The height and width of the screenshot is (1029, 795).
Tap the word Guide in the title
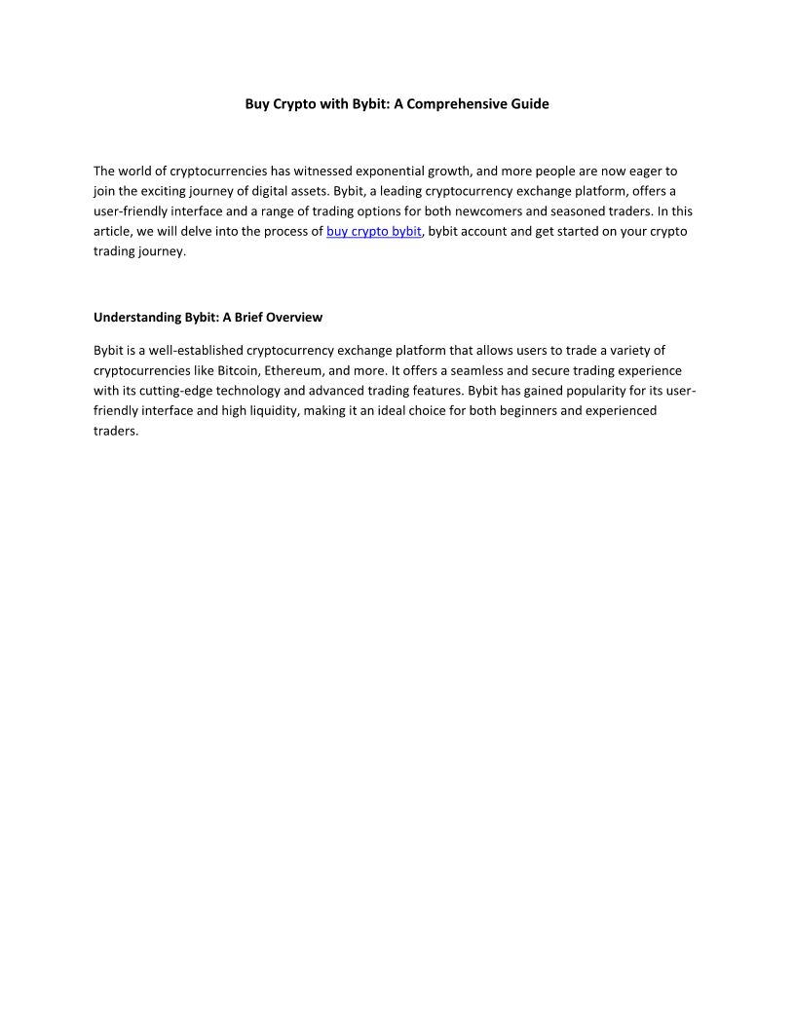pos(530,103)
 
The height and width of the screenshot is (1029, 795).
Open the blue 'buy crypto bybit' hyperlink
pos(374,231)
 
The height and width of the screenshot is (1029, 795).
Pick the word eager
pos(633,171)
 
